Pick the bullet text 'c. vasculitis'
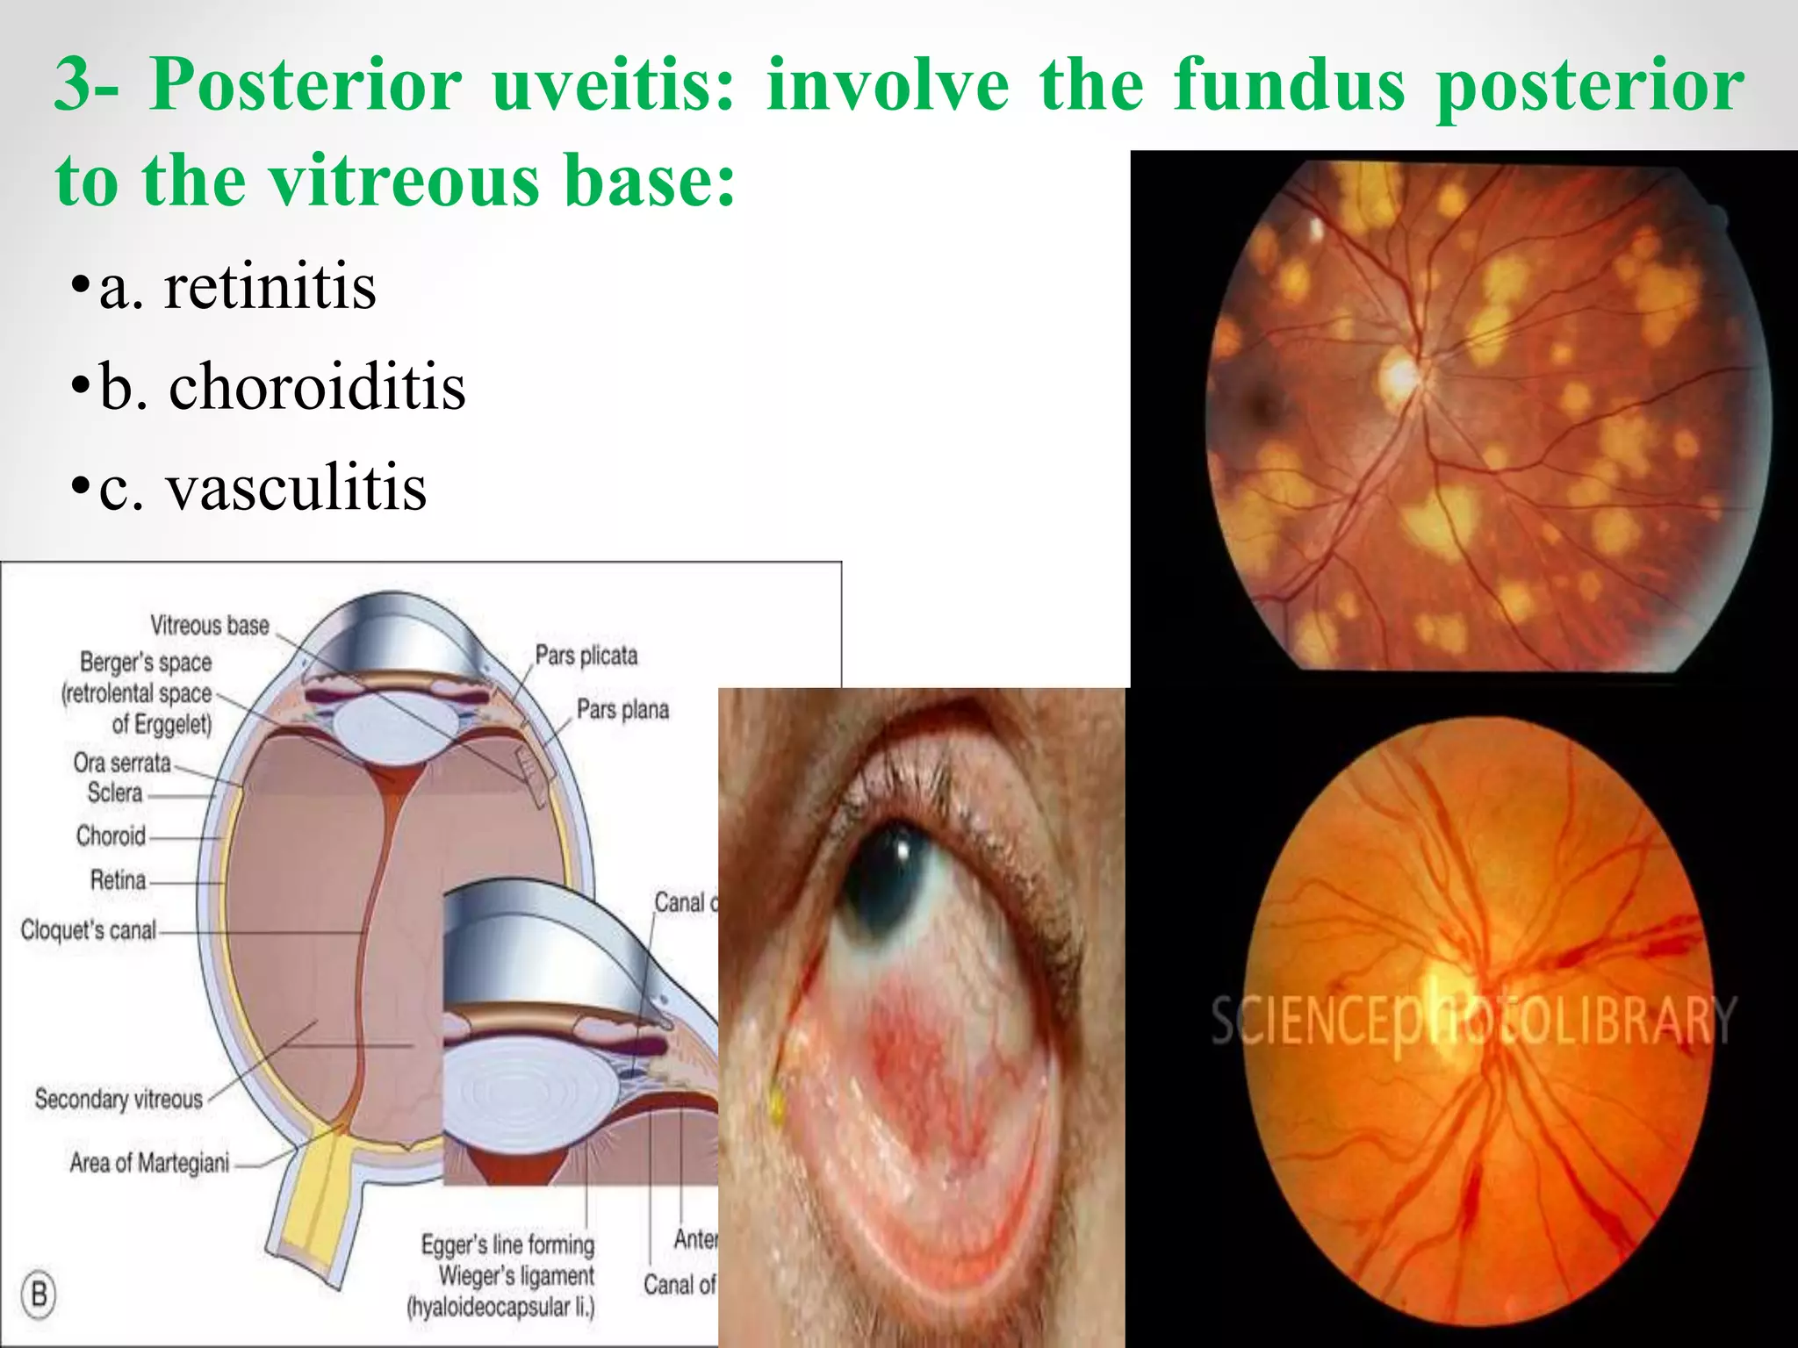point(262,487)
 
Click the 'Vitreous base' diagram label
point(209,626)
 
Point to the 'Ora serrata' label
point(122,763)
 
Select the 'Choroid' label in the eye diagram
point(111,835)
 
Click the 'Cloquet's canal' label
point(88,929)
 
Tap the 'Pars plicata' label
point(586,656)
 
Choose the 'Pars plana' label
point(622,709)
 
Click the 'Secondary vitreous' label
point(119,1099)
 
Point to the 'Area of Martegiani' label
point(149,1163)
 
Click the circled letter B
point(39,1294)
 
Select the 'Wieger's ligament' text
point(516,1275)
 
